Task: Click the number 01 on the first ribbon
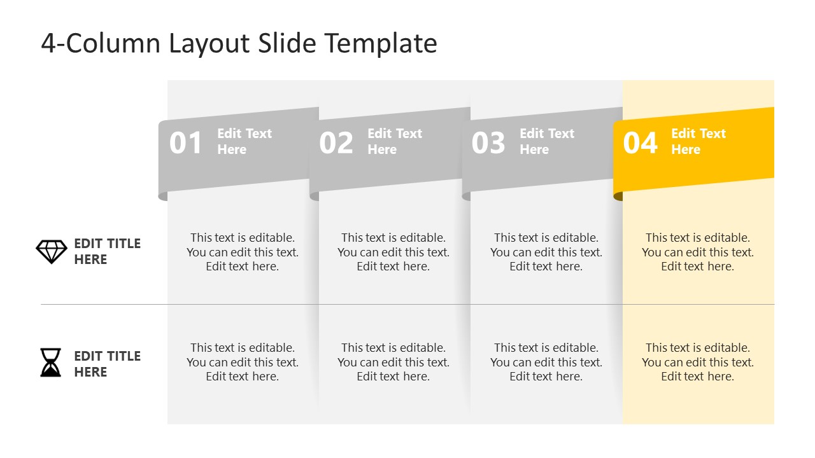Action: (185, 143)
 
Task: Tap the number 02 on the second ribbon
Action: (336, 143)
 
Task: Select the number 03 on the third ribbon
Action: (488, 143)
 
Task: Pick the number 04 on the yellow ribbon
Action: (640, 143)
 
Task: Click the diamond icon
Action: (51, 252)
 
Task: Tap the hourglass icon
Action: (51, 363)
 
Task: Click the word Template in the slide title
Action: (381, 43)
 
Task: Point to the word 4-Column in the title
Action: (101, 43)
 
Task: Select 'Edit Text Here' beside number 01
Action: (244, 141)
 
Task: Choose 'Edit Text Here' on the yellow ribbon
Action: (698, 141)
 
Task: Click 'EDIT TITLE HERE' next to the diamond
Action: (107, 251)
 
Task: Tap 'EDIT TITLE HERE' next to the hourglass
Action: (107, 364)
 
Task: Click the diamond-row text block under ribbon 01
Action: (243, 252)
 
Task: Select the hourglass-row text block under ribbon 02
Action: (393, 362)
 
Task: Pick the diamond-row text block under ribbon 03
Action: (546, 252)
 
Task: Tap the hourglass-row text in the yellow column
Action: (698, 362)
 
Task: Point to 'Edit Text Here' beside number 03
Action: (547, 141)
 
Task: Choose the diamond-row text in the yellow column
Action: (698, 252)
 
